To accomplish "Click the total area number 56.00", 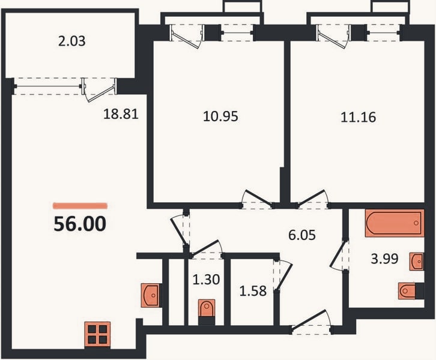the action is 80,224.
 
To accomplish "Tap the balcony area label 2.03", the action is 71,41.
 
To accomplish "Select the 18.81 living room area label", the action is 121,114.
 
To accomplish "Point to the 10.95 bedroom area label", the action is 221,116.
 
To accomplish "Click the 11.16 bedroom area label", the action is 359,117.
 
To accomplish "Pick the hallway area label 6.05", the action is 302,235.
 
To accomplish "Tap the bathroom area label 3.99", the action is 384,259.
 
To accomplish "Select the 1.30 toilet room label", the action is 207,279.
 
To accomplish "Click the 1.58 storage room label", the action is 253,291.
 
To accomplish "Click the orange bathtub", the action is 395,223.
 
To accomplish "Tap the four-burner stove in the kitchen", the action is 97,335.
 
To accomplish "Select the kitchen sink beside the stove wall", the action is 150,295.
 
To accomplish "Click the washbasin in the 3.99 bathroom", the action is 416,261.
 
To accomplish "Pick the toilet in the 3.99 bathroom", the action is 411,291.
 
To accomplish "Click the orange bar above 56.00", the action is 80,206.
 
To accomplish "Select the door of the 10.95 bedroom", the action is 257,199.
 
